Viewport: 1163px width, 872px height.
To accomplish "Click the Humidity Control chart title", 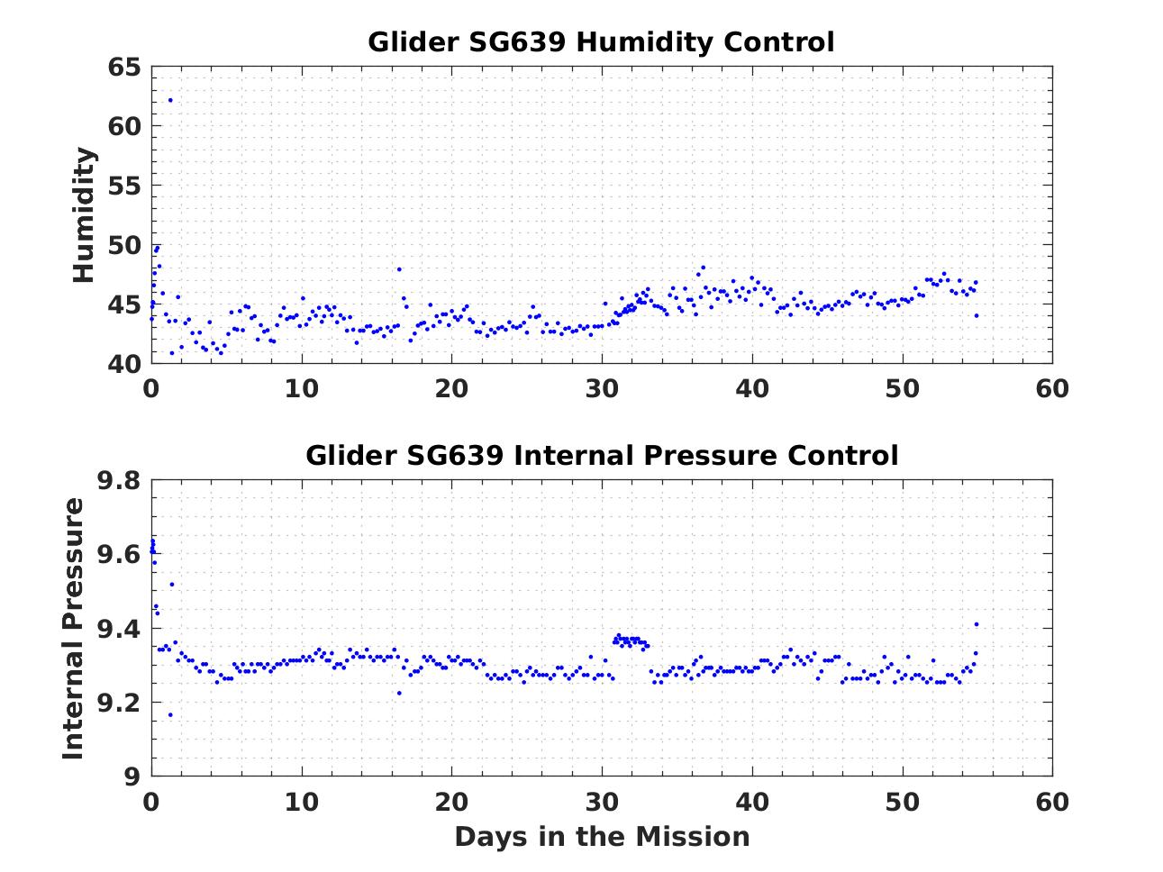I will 601,42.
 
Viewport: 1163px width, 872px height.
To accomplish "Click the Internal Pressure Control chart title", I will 601,455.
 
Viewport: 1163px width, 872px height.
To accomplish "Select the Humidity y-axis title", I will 84,215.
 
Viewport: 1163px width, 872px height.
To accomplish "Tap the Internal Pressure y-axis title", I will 73,628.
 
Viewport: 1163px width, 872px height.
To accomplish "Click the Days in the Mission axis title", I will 601,837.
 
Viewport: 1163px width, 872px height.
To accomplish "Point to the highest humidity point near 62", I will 170,100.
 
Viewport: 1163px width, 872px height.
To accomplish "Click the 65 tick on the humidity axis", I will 124,68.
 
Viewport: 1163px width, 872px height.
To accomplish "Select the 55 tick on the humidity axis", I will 124,186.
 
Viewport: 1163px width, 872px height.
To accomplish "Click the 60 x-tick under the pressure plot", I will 1052,801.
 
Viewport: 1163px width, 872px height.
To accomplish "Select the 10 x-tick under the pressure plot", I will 302,801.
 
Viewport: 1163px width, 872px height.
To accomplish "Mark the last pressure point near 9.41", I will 976,624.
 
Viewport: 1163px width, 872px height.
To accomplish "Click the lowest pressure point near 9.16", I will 170,715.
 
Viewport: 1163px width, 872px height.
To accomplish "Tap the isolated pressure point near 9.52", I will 172,584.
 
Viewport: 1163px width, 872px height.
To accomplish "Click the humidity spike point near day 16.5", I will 399,268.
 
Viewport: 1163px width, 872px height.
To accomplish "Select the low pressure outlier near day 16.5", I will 399,693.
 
